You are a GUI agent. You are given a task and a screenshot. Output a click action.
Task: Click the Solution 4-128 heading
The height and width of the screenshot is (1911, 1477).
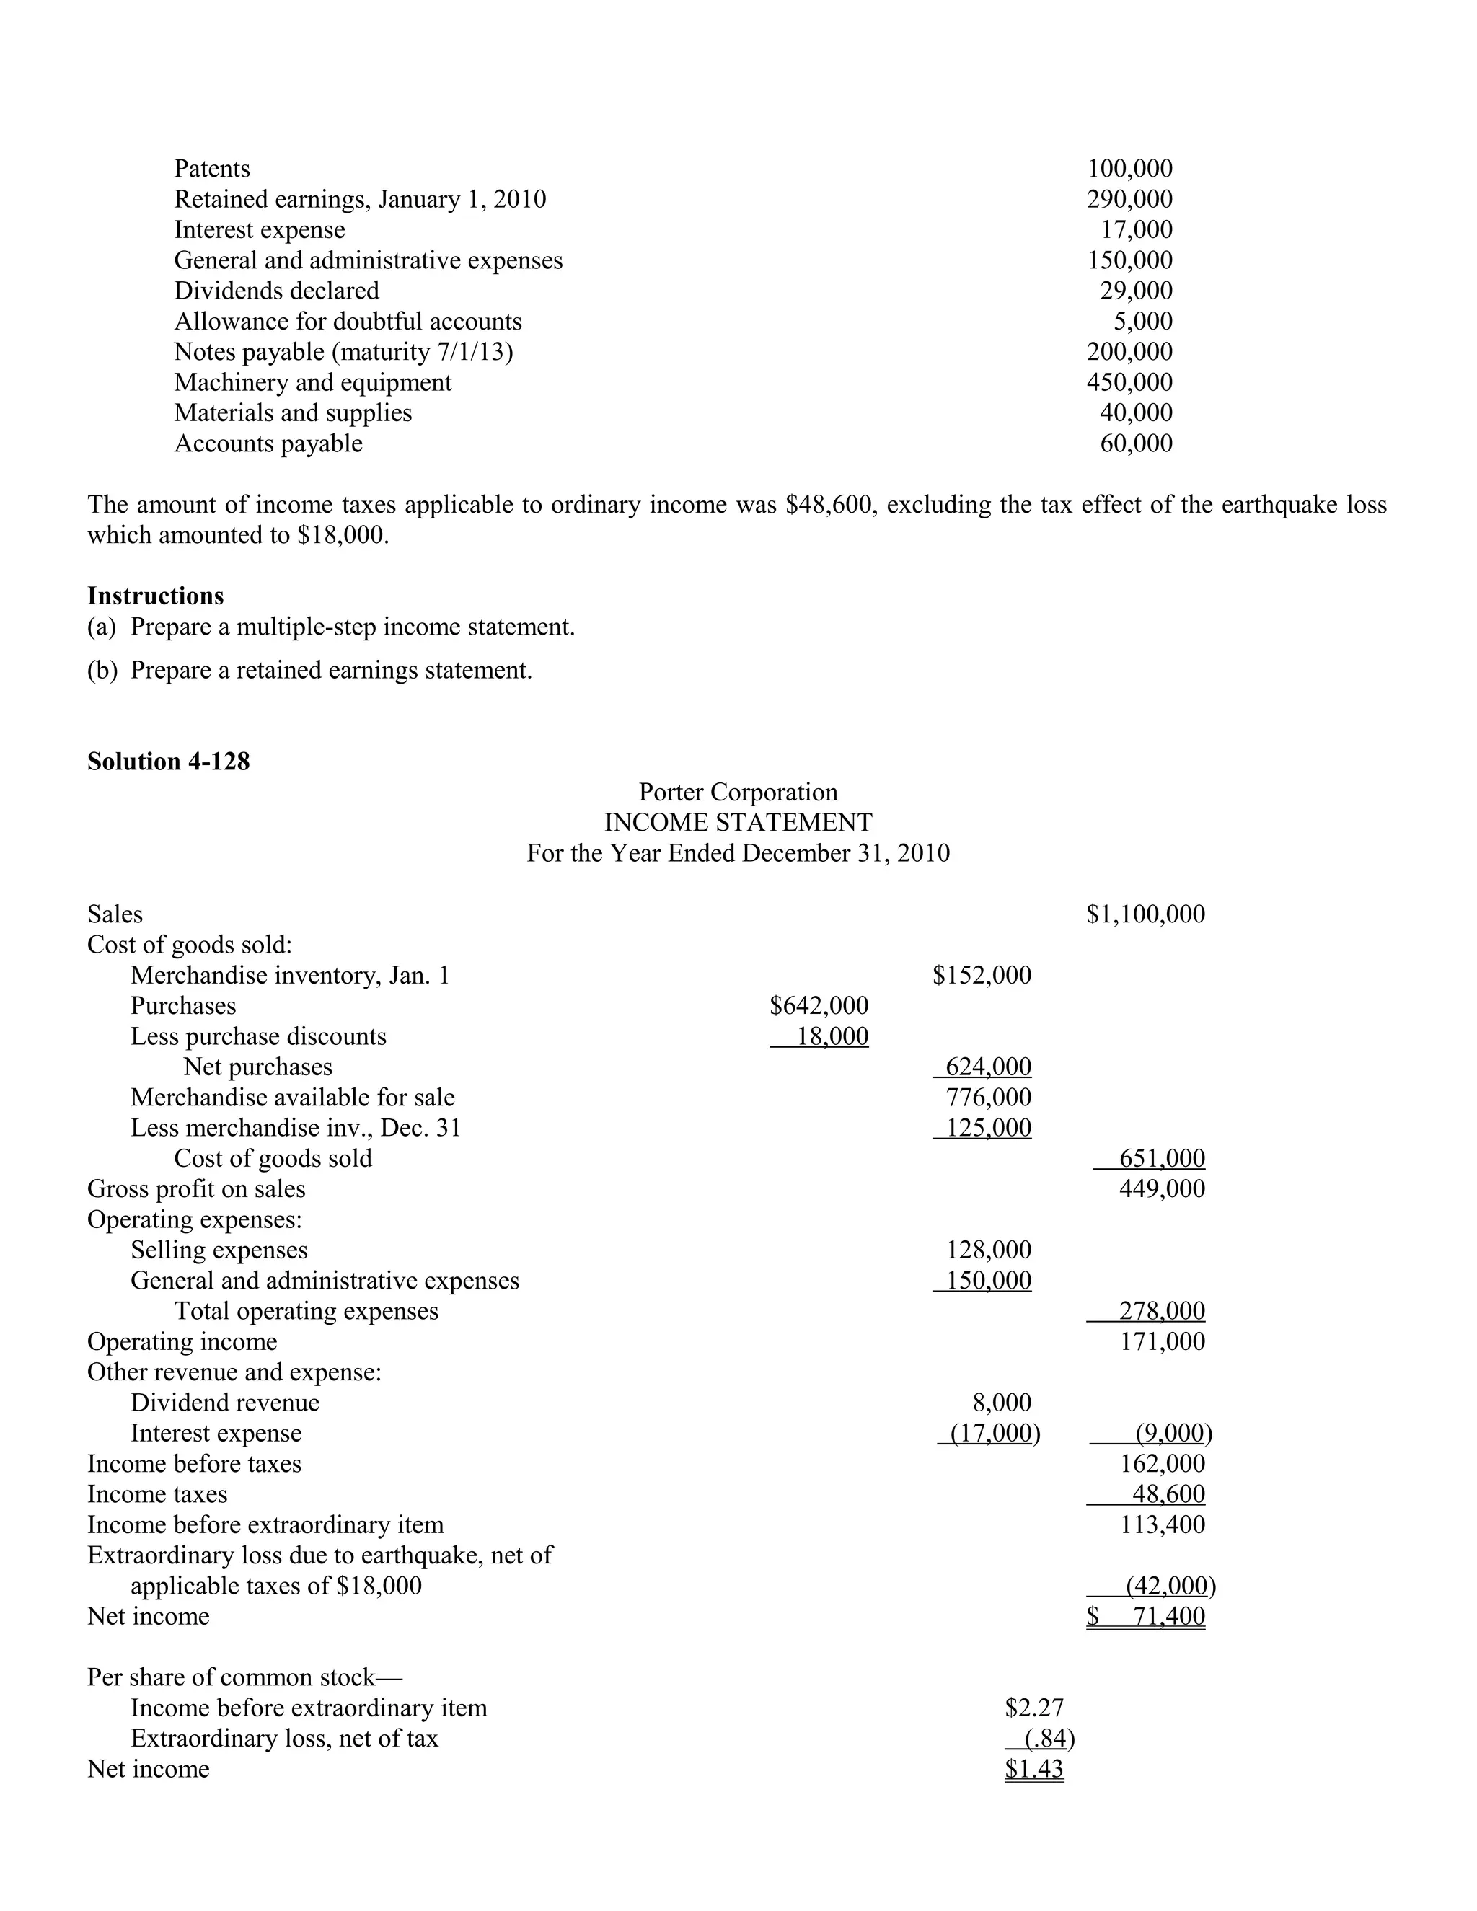(x=168, y=762)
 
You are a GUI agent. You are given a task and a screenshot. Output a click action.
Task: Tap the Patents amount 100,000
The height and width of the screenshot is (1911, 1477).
(x=1129, y=168)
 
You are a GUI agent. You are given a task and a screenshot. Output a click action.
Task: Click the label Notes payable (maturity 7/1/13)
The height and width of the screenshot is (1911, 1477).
(x=343, y=352)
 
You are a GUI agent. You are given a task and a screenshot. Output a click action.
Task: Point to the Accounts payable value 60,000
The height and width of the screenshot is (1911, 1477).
(x=1136, y=443)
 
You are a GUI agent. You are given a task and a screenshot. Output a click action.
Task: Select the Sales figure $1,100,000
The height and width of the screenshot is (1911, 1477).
(x=1145, y=914)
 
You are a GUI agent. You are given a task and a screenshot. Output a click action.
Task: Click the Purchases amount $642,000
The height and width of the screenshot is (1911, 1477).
(x=819, y=1005)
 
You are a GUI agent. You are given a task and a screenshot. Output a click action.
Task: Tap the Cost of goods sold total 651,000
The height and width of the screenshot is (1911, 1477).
(x=1161, y=1159)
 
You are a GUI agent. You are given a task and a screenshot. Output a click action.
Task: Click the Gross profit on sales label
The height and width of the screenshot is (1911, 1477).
(x=196, y=1189)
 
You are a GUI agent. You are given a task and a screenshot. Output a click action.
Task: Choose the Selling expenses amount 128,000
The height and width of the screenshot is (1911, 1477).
(x=989, y=1250)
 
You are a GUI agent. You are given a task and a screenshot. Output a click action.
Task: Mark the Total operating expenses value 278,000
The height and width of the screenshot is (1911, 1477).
(x=1161, y=1311)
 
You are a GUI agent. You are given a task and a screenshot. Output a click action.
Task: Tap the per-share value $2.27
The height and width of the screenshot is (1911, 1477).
(x=1033, y=1708)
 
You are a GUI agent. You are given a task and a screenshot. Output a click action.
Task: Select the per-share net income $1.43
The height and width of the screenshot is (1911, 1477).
(x=1033, y=1769)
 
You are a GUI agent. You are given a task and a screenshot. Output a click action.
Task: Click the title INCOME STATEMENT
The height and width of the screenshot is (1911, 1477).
(x=738, y=823)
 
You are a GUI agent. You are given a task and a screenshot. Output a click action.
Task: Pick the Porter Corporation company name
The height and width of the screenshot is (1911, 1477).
(x=738, y=792)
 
